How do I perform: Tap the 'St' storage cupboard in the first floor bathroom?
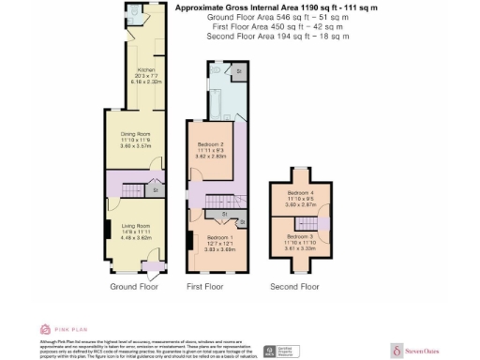(238, 71)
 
